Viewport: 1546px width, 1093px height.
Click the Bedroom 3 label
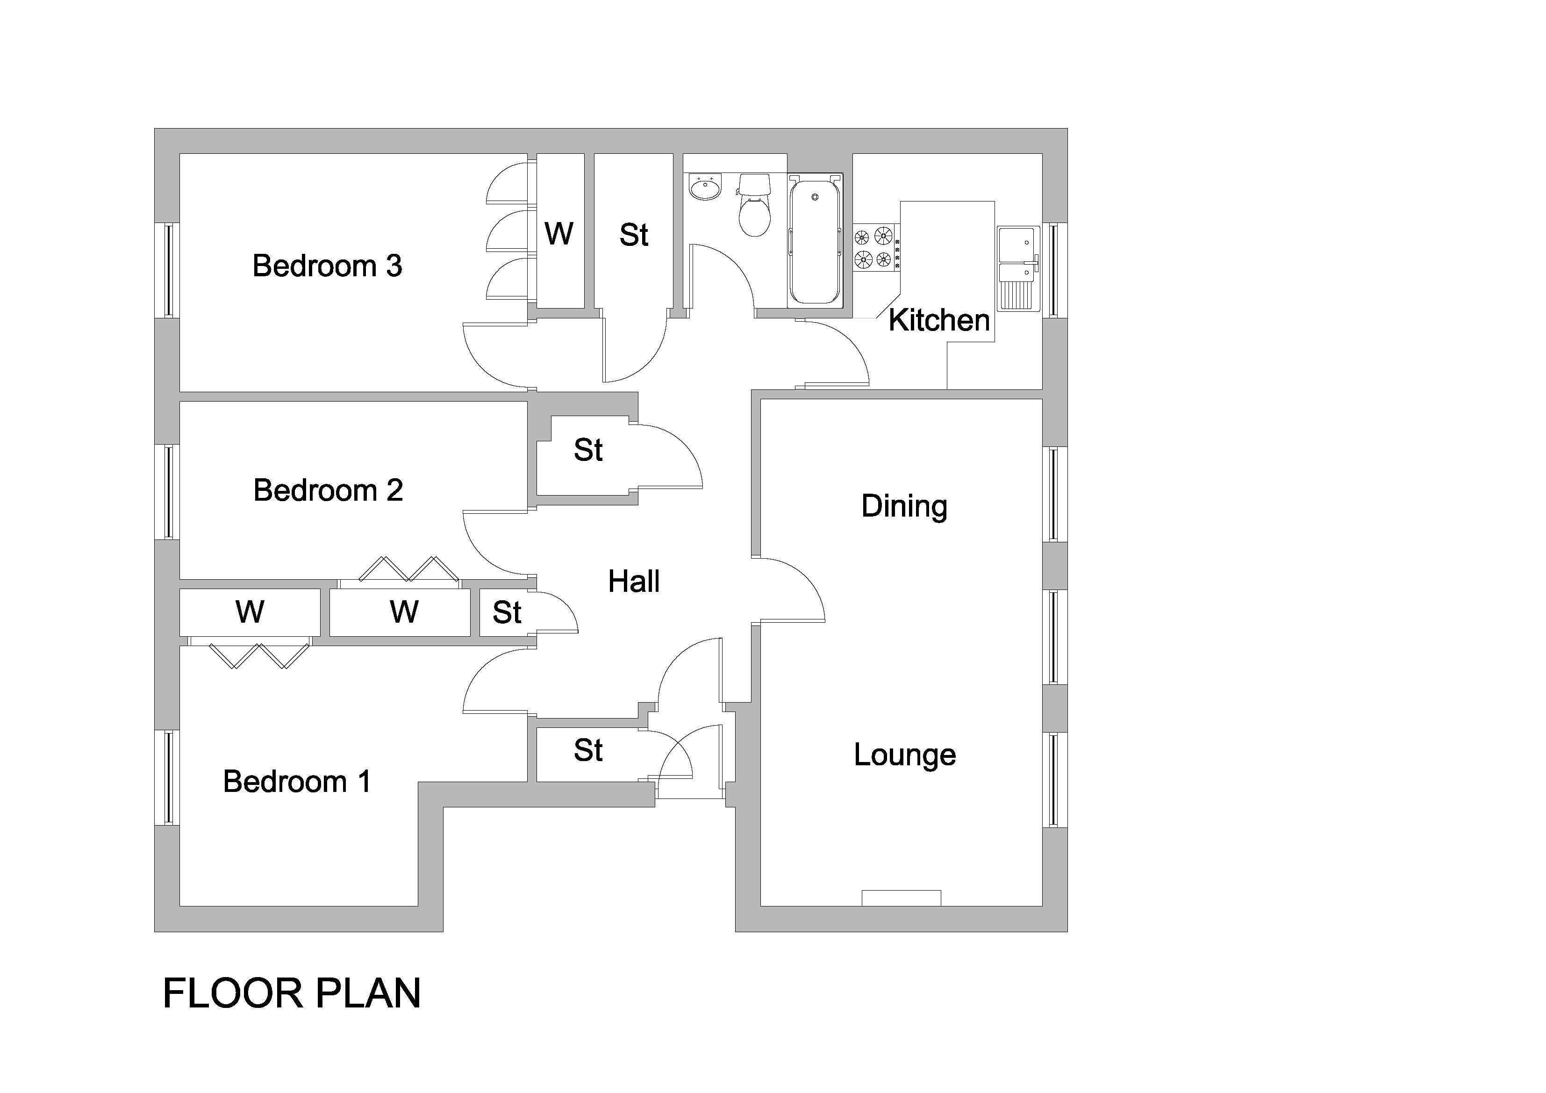pyautogui.click(x=327, y=266)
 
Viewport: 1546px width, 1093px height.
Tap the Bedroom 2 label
pyautogui.click(x=328, y=490)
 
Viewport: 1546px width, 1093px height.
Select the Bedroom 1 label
pyautogui.click(x=297, y=781)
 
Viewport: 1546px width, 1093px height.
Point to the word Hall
pyautogui.click(x=634, y=581)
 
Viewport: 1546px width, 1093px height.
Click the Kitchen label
pyautogui.click(x=938, y=321)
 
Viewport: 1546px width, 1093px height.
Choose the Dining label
pyautogui.click(x=904, y=506)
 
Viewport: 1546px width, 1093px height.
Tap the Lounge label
pyautogui.click(x=904, y=755)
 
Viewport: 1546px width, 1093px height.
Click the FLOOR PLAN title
pyautogui.click(x=292, y=993)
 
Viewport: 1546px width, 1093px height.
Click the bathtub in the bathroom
pyautogui.click(x=815, y=239)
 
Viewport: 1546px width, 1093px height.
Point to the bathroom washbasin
pyautogui.click(x=705, y=187)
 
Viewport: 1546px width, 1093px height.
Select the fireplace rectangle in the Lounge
pyautogui.click(x=901, y=898)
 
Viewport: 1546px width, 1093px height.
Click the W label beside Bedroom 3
pyautogui.click(x=559, y=234)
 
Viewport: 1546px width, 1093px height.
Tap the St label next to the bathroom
pyautogui.click(x=634, y=235)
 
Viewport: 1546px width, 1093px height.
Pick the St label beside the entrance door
pyautogui.click(x=588, y=750)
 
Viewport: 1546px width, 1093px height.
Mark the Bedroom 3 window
pyautogui.click(x=168, y=270)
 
